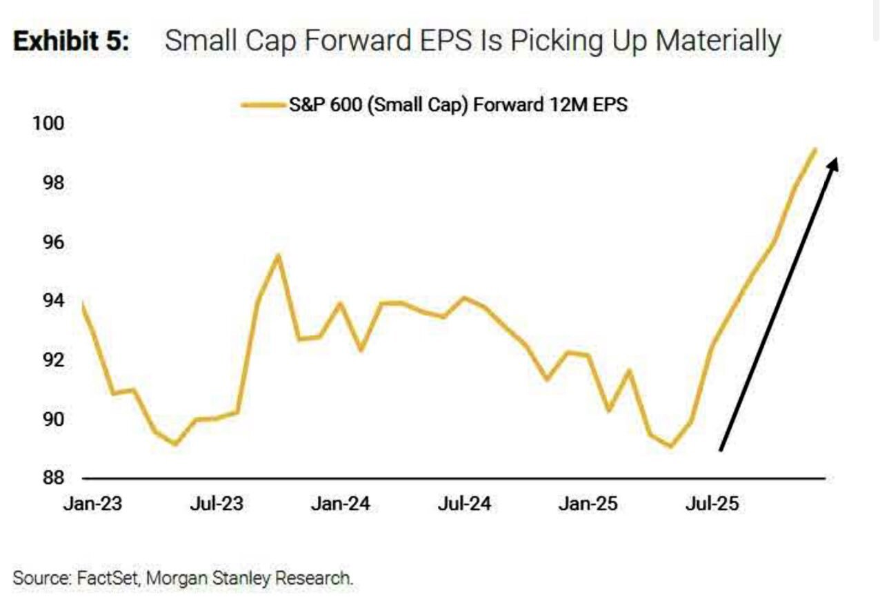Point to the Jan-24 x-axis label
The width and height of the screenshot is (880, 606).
(x=340, y=504)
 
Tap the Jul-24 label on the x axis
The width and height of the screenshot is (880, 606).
(x=463, y=504)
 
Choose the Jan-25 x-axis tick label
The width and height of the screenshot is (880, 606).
(x=588, y=504)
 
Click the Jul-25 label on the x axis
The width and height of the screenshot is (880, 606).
(x=711, y=504)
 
